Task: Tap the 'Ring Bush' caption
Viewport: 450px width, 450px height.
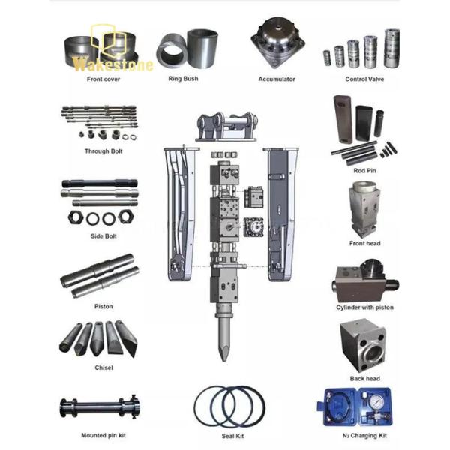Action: (x=184, y=78)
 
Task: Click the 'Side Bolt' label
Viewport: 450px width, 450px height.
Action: (x=98, y=235)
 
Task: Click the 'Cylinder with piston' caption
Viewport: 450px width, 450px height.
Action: (x=364, y=307)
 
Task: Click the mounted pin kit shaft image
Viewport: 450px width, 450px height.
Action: (x=98, y=408)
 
